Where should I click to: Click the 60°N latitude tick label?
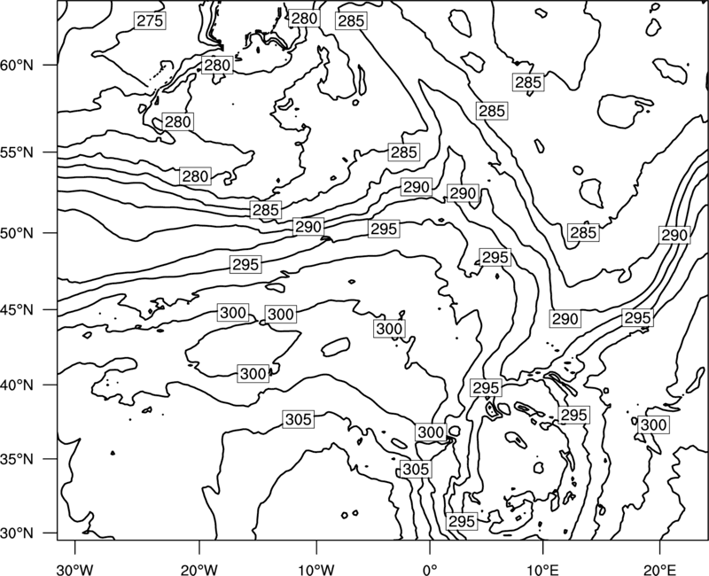tap(17, 65)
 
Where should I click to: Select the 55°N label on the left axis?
tap(17, 152)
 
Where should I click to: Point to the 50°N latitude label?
tap(17, 233)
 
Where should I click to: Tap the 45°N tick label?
tap(17, 310)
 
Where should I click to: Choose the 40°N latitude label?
tap(17, 385)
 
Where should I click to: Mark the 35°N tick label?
tap(17, 459)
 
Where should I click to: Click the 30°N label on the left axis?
tap(17, 533)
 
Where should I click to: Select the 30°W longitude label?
tap(75, 570)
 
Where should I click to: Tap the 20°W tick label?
tap(199, 570)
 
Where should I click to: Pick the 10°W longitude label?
tap(316, 570)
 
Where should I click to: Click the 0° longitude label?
tap(430, 570)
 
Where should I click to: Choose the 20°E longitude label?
tap(660, 570)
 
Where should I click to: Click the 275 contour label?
tap(150, 20)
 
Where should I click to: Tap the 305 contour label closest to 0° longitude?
tap(416, 470)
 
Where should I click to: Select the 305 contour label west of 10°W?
tap(299, 419)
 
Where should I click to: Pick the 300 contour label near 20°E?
tap(653, 425)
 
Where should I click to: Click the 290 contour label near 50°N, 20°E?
tap(674, 235)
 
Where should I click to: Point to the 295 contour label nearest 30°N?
tap(462, 521)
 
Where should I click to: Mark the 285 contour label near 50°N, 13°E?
tap(583, 232)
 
